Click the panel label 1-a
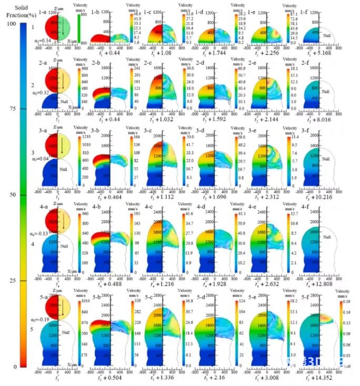44,5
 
